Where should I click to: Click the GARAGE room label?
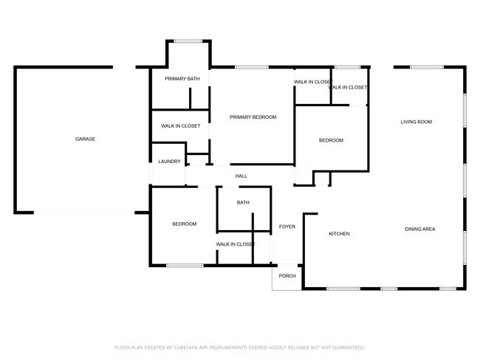click(x=85, y=139)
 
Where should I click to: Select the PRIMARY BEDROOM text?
click(x=253, y=117)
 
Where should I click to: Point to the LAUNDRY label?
click(x=169, y=162)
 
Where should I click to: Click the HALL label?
click(x=241, y=176)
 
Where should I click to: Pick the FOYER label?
click(x=287, y=226)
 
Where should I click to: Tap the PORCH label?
click(x=287, y=276)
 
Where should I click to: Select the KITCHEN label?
click(x=339, y=234)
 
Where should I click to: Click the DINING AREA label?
click(x=419, y=229)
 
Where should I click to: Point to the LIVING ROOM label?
click(x=416, y=122)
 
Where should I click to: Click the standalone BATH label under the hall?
click(x=243, y=203)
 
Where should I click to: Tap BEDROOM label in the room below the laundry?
click(x=184, y=224)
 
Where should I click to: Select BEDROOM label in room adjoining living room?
click(x=331, y=140)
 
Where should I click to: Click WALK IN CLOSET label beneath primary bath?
click(x=180, y=126)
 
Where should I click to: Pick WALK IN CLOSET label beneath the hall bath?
click(x=236, y=244)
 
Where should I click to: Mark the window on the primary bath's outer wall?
click(x=188, y=41)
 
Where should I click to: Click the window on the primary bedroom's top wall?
click(x=251, y=67)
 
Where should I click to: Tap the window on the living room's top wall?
click(x=426, y=67)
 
